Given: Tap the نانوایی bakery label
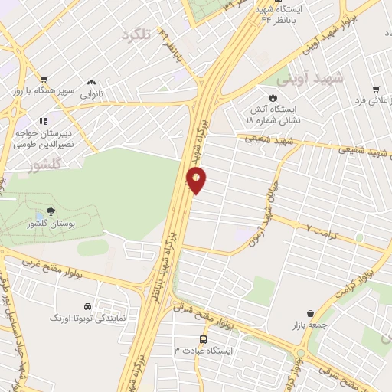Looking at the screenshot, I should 92,94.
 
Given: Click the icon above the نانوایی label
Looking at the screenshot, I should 92,81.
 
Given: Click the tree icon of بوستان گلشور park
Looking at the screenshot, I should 51,211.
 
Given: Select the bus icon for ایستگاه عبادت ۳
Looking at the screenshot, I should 204,338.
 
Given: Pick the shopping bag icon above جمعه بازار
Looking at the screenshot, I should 309,313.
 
